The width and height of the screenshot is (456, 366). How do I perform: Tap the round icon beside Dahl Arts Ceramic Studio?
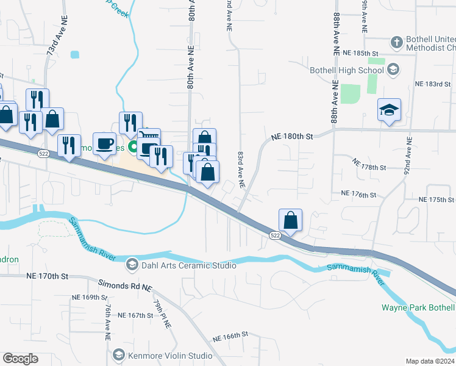pyautogui.click(x=132, y=265)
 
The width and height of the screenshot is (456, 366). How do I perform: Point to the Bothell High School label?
pyautogui.click(x=346, y=70)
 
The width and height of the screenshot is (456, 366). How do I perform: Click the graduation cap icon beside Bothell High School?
pyautogui.click(x=393, y=70)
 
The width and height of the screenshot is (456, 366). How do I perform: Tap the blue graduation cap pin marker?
pyautogui.click(x=389, y=110)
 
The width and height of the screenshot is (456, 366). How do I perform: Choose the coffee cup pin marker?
pyautogui.click(x=104, y=144)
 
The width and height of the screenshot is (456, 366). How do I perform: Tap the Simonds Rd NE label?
pyautogui.click(x=124, y=285)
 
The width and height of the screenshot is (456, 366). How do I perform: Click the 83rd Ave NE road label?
pyautogui.click(x=241, y=170)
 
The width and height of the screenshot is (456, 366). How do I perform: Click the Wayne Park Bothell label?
pyautogui.click(x=418, y=307)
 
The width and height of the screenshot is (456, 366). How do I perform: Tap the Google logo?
pyautogui.click(x=20, y=358)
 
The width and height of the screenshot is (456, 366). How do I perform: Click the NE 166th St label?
pyautogui.click(x=230, y=335)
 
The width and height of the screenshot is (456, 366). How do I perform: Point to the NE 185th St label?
pyautogui.click(x=361, y=54)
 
